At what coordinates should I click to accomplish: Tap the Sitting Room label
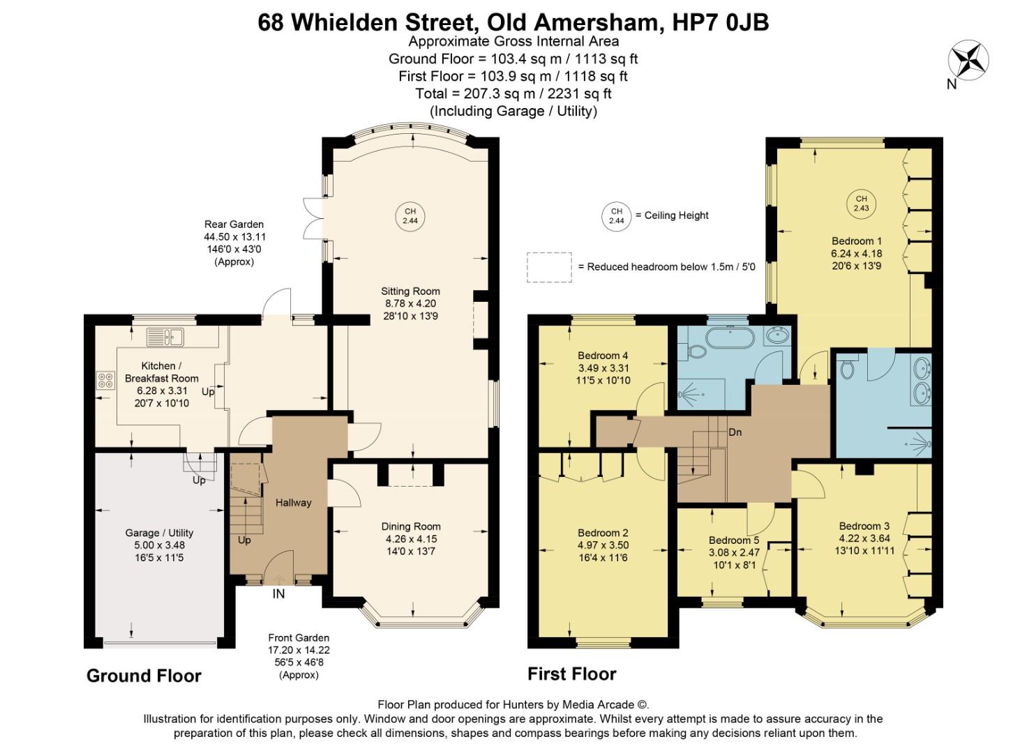[x=410, y=291]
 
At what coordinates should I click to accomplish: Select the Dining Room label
[x=410, y=526]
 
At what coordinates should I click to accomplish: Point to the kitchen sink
[x=165, y=337]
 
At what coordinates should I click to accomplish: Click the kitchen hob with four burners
[x=105, y=380]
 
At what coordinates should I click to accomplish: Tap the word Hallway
[x=293, y=503]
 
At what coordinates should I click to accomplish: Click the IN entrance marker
[x=278, y=594]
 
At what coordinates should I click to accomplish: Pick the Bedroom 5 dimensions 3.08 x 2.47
[x=734, y=552]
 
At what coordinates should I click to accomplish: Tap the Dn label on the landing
[x=735, y=432]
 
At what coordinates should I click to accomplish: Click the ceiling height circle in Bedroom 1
[x=861, y=203]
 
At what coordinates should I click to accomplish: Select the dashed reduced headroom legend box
[x=549, y=267]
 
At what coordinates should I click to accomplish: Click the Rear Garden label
[x=234, y=225]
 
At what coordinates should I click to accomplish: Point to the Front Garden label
[x=299, y=637]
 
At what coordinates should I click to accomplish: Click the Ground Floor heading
[x=144, y=676]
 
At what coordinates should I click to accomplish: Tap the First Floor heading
[x=571, y=674]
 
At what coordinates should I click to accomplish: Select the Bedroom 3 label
[x=864, y=526]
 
